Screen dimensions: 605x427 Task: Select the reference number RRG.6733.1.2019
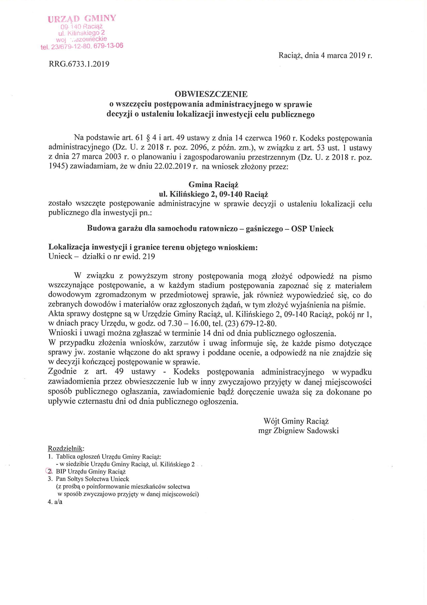[x=79, y=64]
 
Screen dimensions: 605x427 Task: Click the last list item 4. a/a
[x=55, y=502]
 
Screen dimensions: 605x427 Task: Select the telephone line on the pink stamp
[x=82, y=47]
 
